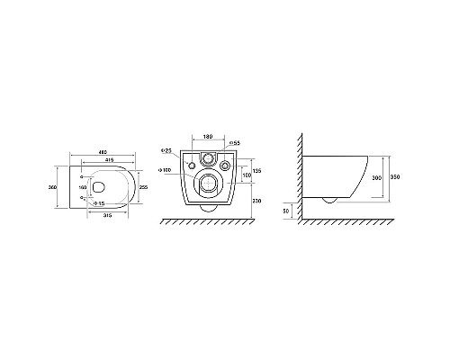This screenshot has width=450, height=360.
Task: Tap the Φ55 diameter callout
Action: [x=233, y=143]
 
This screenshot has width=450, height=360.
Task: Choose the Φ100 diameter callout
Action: [x=166, y=169]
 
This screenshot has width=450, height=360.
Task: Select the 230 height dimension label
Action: [x=256, y=200]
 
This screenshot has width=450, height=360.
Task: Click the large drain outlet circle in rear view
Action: [x=208, y=184]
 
